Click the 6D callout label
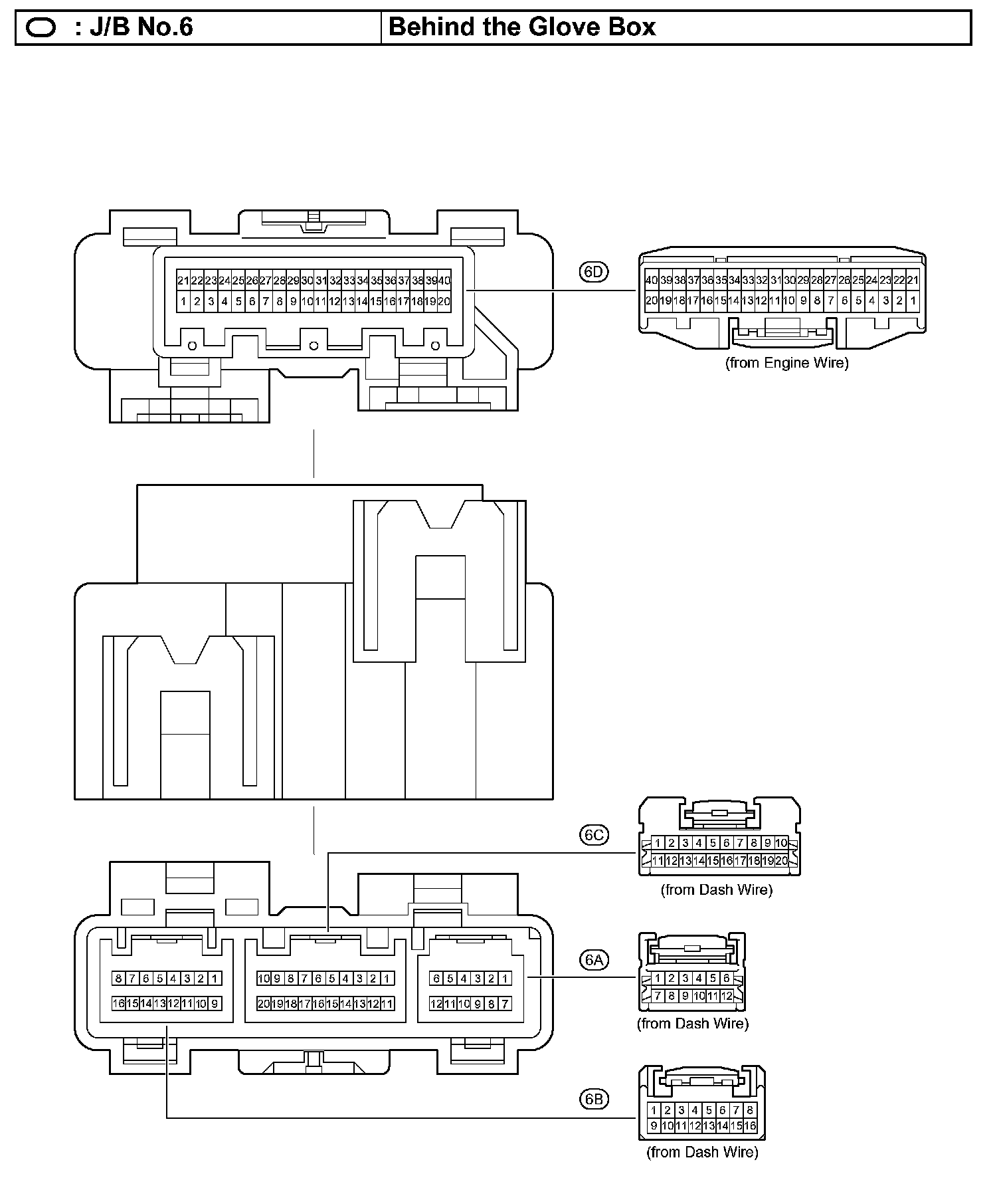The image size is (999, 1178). (x=594, y=272)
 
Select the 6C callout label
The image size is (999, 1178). (x=594, y=834)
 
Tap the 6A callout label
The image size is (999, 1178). (x=594, y=960)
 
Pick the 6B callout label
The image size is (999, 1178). (x=594, y=1099)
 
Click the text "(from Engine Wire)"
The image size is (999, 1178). (x=786, y=363)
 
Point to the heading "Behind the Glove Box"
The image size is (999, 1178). (x=522, y=27)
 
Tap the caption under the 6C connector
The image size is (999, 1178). (x=716, y=889)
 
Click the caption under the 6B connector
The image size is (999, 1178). (x=702, y=1152)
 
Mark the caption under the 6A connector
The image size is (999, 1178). (x=693, y=1024)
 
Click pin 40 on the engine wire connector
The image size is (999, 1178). (x=652, y=281)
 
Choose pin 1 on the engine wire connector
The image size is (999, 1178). (x=913, y=300)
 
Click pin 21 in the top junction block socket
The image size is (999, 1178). (x=183, y=281)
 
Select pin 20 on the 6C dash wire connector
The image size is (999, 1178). (x=781, y=861)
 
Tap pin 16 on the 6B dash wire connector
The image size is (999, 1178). (x=750, y=1126)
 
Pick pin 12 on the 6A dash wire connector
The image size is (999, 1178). (x=727, y=997)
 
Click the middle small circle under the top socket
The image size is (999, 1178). (x=314, y=346)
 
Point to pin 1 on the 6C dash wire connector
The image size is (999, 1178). (x=658, y=843)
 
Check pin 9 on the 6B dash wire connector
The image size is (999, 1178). (x=654, y=1126)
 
